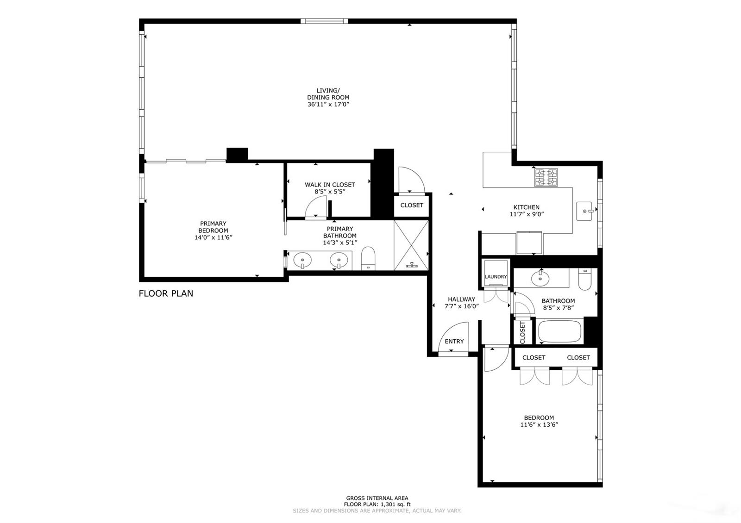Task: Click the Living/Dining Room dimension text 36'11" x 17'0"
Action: point(328,105)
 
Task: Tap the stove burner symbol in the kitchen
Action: point(546,178)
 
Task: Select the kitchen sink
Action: point(584,211)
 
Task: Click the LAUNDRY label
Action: point(496,277)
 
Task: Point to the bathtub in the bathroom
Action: point(559,331)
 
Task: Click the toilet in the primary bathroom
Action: point(368,259)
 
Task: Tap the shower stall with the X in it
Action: point(411,245)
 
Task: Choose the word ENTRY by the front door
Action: point(454,342)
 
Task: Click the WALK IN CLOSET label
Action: point(330,185)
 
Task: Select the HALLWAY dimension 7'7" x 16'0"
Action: point(461,306)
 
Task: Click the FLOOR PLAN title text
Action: point(166,293)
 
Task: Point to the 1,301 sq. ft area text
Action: point(396,504)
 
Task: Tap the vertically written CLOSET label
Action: point(523,333)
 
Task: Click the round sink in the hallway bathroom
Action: point(540,279)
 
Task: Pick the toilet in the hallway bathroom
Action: point(585,280)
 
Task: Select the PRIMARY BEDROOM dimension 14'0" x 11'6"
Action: point(214,238)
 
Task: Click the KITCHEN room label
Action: point(526,207)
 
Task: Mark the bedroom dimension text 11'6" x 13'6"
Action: point(539,425)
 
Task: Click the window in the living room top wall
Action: point(325,21)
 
